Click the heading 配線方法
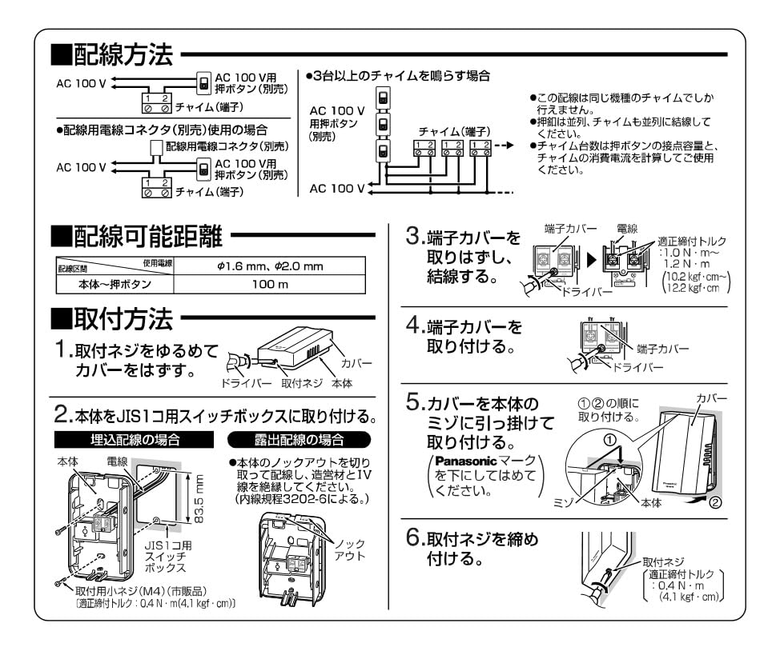(x=123, y=55)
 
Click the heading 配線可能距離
(x=139, y=237)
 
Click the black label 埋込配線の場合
(x=135, y=440)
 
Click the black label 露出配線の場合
(x=296, y=440)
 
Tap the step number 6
(x=415, y=541)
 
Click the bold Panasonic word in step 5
(x=464, y=462)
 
